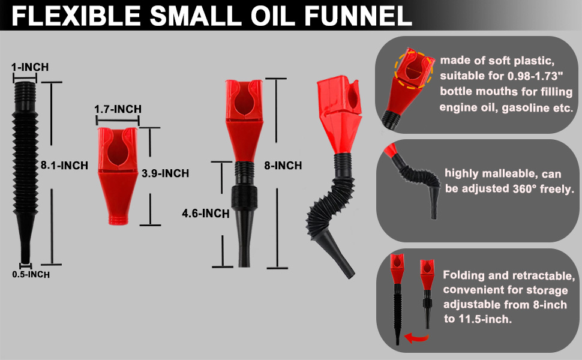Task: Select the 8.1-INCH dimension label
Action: [x=62, y=165]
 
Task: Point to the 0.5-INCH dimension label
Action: [x=31, y=274]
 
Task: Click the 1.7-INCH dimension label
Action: [x=118, y=109]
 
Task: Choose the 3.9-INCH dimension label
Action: [x=165, y=173]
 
